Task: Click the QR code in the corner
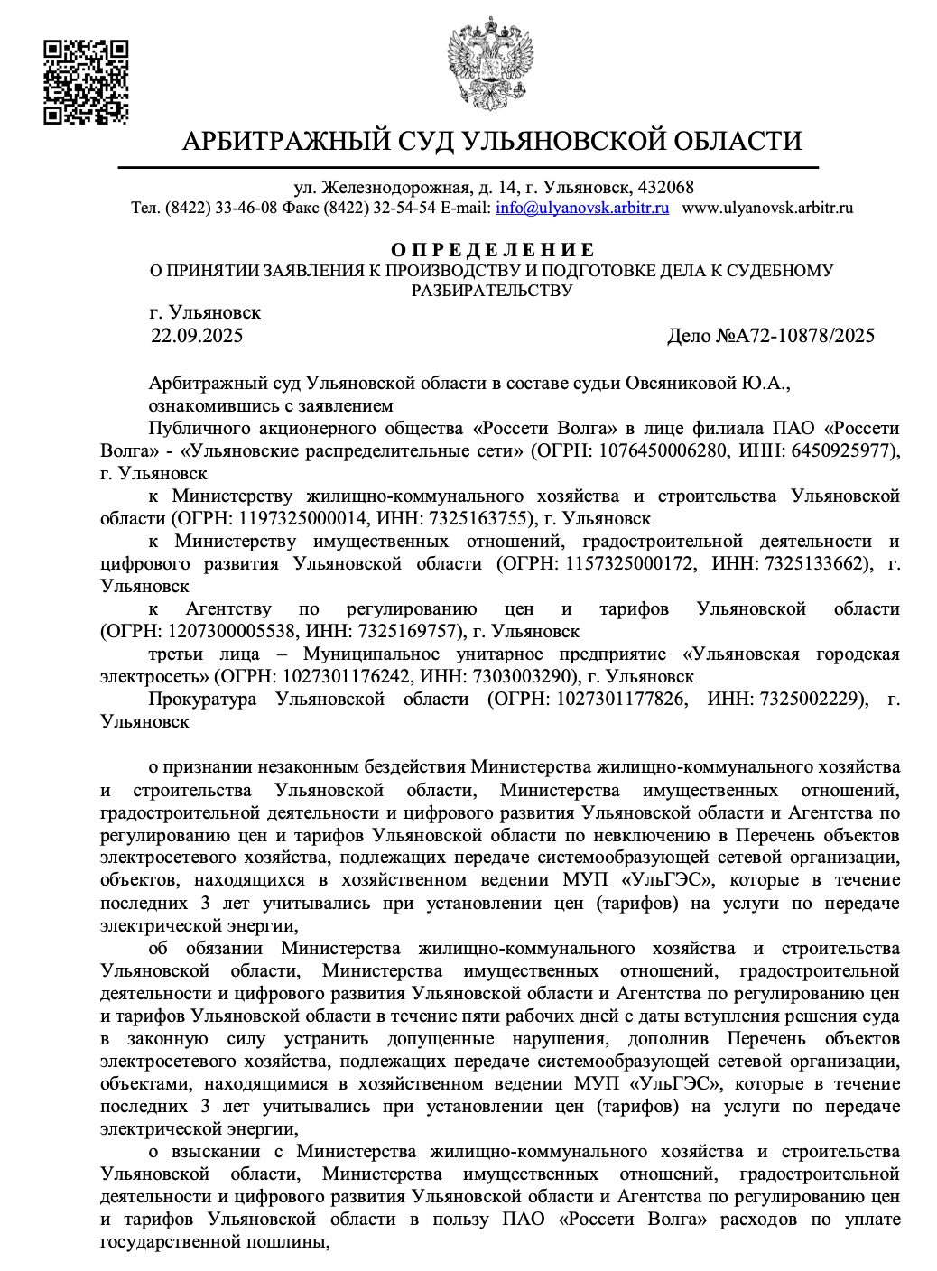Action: (x=86, y=81)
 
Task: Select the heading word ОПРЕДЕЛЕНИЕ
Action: (x=493, y=250)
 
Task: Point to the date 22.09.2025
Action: (x=197, y=337)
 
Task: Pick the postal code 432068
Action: (x=665, y=188)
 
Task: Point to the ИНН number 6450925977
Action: (x=847, y=450)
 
